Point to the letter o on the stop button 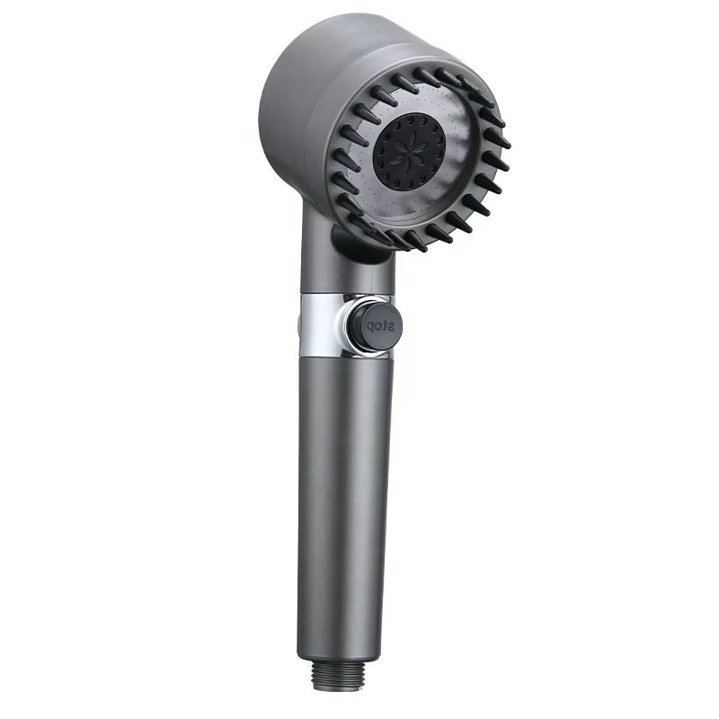[376, 327]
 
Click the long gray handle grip [346, 494]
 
